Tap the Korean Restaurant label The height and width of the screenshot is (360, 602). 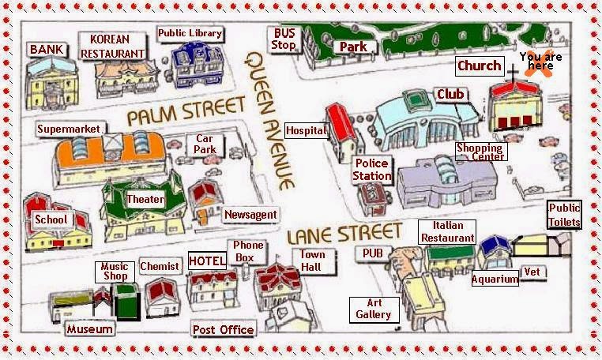coord(114,47)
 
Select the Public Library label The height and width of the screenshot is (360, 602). coord(190,33)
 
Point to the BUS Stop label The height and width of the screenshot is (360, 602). coord(284,39)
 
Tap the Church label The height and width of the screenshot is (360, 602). coord(479,66)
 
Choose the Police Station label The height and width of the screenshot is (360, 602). coord(371,169)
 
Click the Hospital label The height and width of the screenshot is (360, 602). coord(306,130)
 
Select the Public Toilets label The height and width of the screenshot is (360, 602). coord(564,215)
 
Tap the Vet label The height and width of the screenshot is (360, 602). coord(532,272)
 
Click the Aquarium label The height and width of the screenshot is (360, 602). coord(495,279)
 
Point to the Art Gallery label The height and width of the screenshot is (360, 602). coord(374,308)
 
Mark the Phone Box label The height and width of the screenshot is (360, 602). coord(248,251)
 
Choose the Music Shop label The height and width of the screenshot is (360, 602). coord(115,272)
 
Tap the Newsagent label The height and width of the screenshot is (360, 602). coord(250,215)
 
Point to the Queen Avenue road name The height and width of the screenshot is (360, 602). coord(269,118)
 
